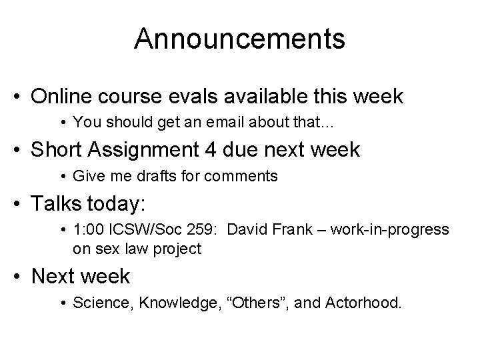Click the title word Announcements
(239, 38)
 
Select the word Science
(97, 304)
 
